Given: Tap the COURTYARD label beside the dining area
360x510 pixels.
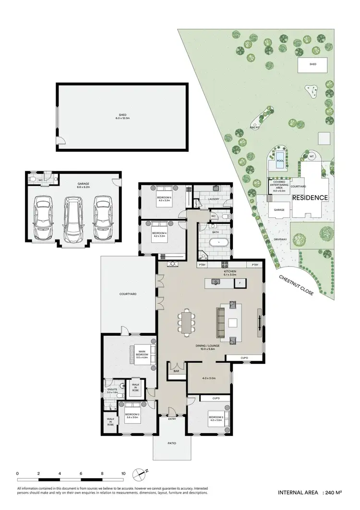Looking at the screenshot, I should point(128,293).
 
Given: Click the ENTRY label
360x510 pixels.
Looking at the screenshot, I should point(172,419).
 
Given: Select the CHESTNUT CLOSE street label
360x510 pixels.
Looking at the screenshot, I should point(296,286).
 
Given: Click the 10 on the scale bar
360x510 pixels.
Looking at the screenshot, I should point(123,474).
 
